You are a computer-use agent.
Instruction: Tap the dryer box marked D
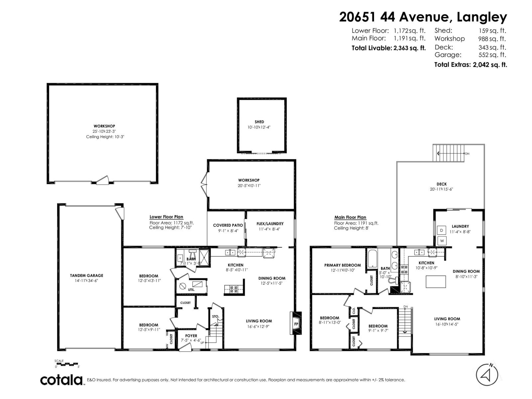(x=442, y=230)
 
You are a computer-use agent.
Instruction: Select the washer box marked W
(x=442, y=241)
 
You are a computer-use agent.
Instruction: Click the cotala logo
(x=62, y=380)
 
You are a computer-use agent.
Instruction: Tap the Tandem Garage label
(x=86, y=275)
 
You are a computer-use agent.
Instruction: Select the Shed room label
(x=259, y=122)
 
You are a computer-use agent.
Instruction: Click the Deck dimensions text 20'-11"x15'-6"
(x=441, y=189)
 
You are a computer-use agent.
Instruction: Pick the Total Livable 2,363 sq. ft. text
(x=388, y=48)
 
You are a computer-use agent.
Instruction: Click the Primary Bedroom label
(x=342, y=265)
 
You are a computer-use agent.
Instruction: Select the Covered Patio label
(x=228, y=225)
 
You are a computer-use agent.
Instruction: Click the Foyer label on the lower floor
(x=191, y=336)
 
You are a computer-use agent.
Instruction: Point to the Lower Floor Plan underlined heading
(x=166, y=217)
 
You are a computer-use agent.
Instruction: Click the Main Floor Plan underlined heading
(x=350, y=217)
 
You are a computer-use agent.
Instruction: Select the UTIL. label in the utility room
(x=191, y=290)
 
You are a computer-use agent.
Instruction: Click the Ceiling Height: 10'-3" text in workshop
(x=105, y=137)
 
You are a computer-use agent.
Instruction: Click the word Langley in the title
(x=482, y=17)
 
